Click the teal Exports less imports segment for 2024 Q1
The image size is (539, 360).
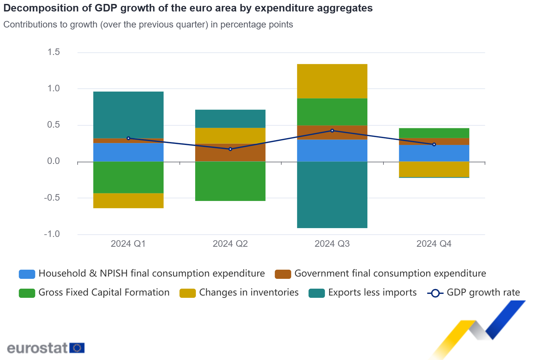[x=128, y=115]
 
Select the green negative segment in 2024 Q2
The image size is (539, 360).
[x=230, y=181]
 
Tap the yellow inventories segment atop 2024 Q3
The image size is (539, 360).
[x=332, y=81]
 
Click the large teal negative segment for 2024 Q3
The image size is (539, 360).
[x=332, y=195]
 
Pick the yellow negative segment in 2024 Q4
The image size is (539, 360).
[x=434, y=169]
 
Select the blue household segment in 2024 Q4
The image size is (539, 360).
[x=434, y=153]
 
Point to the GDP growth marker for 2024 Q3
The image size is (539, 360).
[x=332, y=131]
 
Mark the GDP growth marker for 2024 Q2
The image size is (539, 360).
[x=230, y=149]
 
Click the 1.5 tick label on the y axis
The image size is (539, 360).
[x=54, y=52]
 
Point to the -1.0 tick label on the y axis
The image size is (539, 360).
[x=52, y=234]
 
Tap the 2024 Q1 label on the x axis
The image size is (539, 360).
[x=128, y=244]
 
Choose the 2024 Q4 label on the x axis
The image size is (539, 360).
[x=434, y=244]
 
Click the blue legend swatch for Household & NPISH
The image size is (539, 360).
[x=27, y=274]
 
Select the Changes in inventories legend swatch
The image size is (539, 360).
[x=187, y=293]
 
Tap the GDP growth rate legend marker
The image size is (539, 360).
[x=435, y=293]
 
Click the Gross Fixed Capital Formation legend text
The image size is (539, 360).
[x=104, y=293]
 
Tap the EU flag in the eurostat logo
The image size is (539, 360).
[x=77, y=348]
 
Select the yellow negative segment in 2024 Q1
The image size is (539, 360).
[x=128, y=201]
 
